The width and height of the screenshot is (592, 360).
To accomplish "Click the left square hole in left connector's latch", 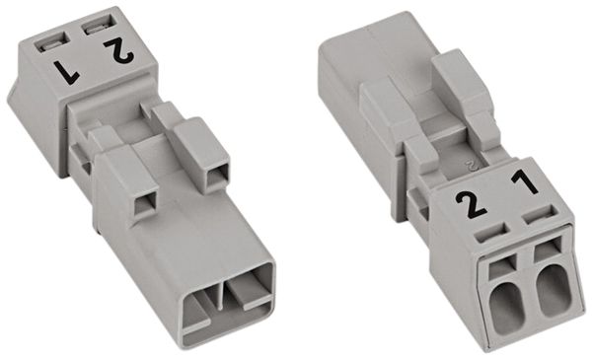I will (x=145, y=201).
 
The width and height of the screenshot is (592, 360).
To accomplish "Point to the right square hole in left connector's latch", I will (x=215, y=179).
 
